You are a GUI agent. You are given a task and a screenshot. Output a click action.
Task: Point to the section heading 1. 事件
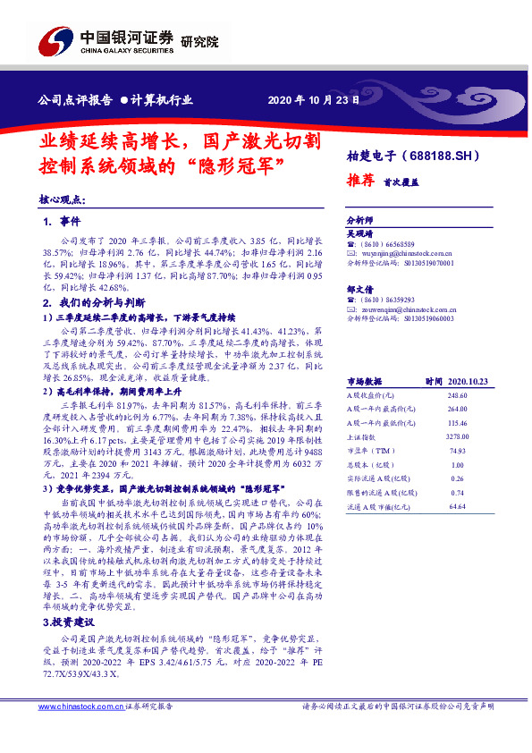tap(62, 221)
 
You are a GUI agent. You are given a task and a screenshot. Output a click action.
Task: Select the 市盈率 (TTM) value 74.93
tap(458, 452)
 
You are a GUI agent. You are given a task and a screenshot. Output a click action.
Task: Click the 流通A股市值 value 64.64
tap(458, 507)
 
